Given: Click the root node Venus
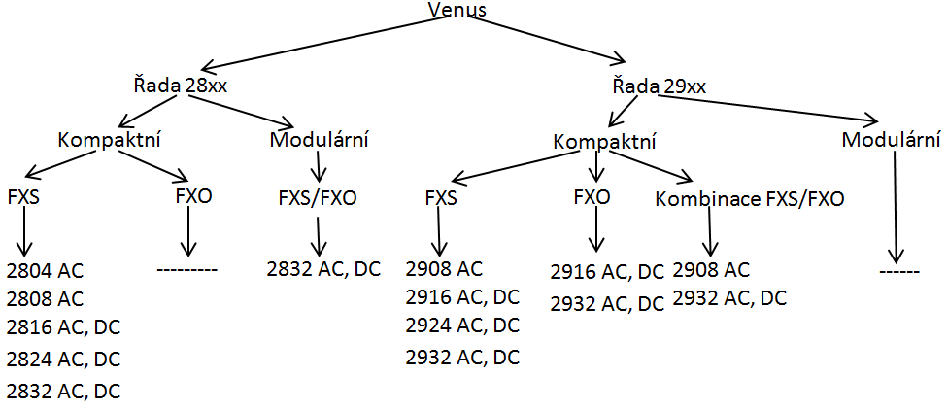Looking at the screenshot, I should pos(457,11).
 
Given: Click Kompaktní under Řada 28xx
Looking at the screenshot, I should pos(110,138).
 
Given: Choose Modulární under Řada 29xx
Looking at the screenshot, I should pos(891,139).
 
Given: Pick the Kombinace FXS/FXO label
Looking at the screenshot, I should pos(750,199).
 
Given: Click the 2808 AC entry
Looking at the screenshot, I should pos(45,298).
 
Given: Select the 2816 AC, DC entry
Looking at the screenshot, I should pos(63,327).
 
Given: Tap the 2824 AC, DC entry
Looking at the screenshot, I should pos(63,359).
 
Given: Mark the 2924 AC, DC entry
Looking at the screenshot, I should pos(462,325).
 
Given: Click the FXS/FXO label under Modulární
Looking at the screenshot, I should pos(318,199).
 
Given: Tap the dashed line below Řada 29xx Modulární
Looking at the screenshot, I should pos(898,271).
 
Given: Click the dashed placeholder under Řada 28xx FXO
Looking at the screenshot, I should pos(186,265).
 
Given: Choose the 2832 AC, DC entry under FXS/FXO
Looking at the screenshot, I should pos(324,269).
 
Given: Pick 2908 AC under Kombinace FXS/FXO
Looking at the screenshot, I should pos(711,269).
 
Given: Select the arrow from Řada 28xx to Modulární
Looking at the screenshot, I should pos(253,110).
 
